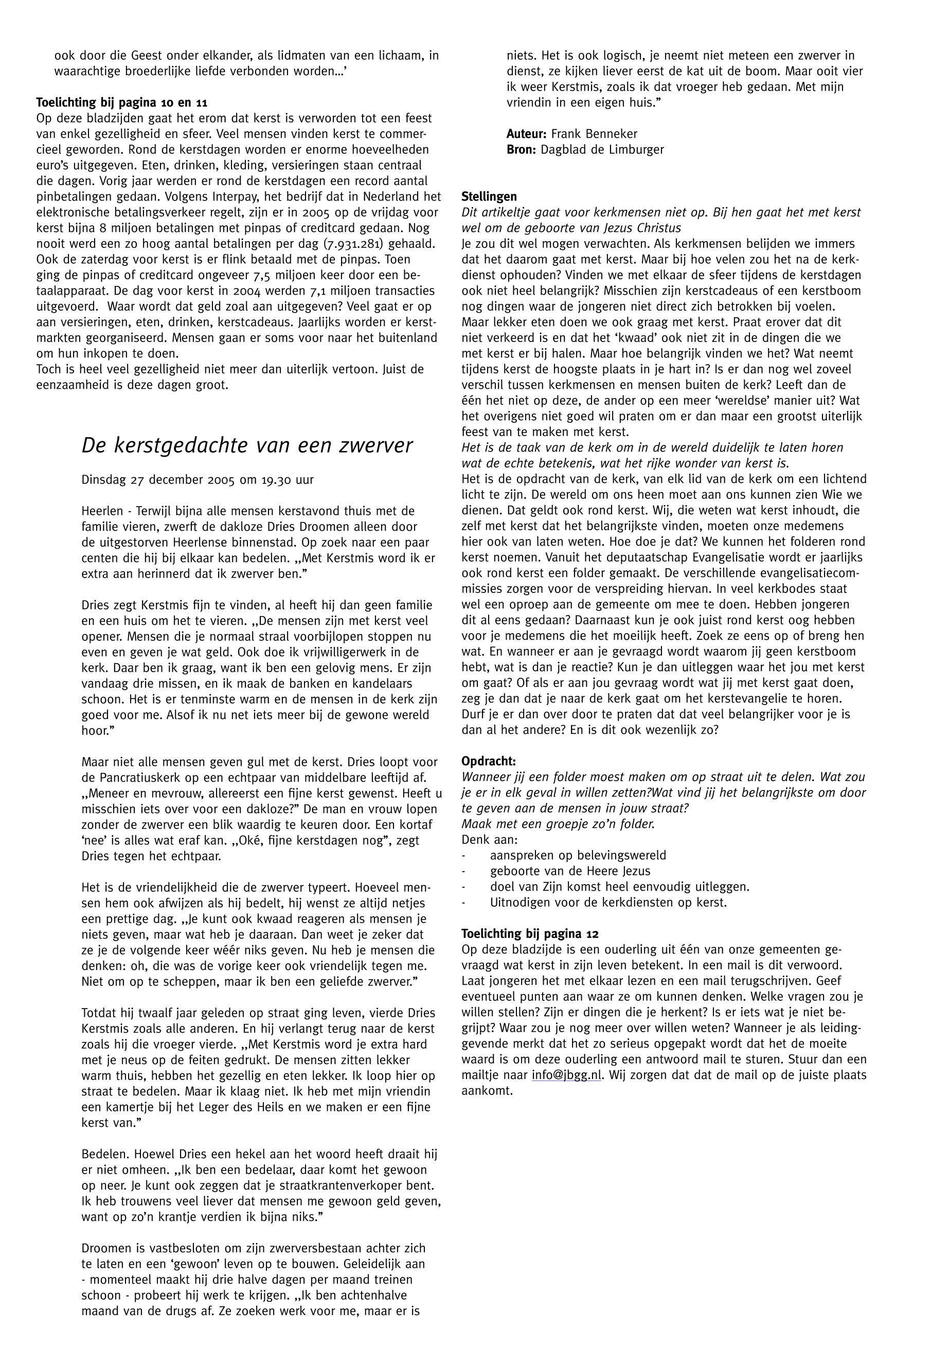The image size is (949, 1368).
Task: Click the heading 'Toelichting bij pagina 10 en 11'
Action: [x=122, y=102]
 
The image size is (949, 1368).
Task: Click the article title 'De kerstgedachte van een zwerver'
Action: [x=247, y=445]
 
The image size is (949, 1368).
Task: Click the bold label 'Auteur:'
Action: [x=526, y=134]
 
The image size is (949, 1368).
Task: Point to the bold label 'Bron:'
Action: [x=522, y=149]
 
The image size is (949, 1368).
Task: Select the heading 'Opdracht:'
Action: [x=489, y=761]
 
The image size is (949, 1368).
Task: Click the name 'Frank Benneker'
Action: [x=594, y=134]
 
